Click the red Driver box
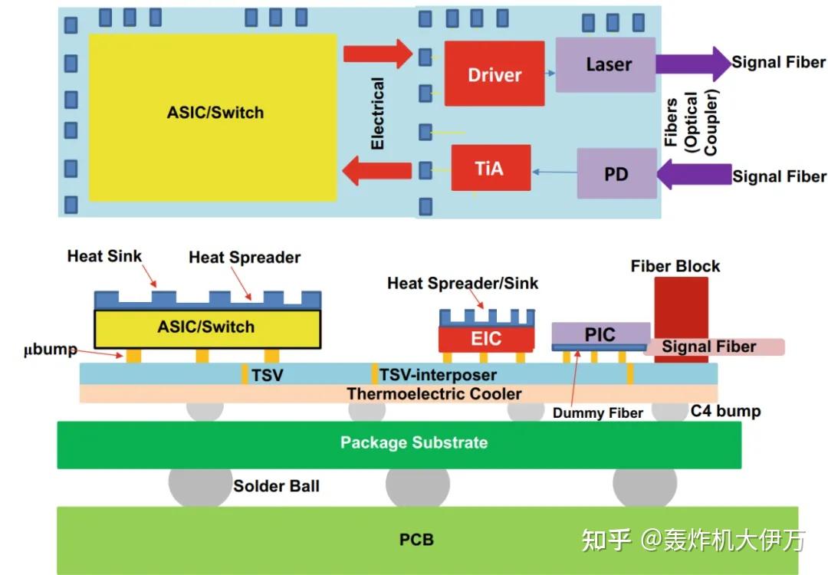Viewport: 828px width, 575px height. pos(495,74)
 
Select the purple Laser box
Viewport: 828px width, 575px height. pos(606,65)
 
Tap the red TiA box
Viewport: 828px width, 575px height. pos(490,168)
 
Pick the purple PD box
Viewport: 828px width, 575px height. pos(616,174)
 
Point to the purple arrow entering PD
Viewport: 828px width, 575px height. pos(695,173)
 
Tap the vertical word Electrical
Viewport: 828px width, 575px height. pos(377,113)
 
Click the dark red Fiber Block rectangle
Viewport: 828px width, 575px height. pos(681,307)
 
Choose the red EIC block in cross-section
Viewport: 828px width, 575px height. pos(486,338)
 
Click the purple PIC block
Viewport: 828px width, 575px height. pos(600,333)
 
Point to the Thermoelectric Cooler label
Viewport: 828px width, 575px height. pos(434,394)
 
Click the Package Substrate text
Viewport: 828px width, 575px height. pos(414,442)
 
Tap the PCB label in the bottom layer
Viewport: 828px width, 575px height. pos(416,540)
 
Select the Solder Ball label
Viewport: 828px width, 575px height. pos(276,486)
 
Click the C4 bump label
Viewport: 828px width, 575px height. pos(725,411)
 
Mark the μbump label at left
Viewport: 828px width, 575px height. pos(51,350)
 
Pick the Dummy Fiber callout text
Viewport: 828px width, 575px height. pos(597,413)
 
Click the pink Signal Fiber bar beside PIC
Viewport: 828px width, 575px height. pos(713,347)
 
